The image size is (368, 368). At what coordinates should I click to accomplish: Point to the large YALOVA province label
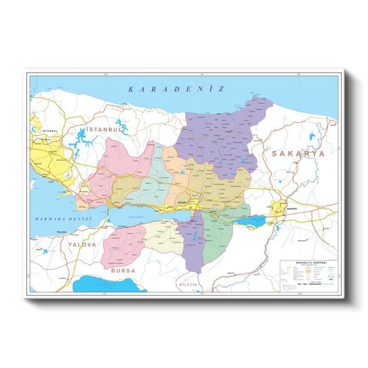(x=81, y=243)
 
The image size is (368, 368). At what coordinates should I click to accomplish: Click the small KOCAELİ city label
(x=183, y=202)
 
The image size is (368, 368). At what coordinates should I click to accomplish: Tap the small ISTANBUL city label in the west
(x=49, y=130)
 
